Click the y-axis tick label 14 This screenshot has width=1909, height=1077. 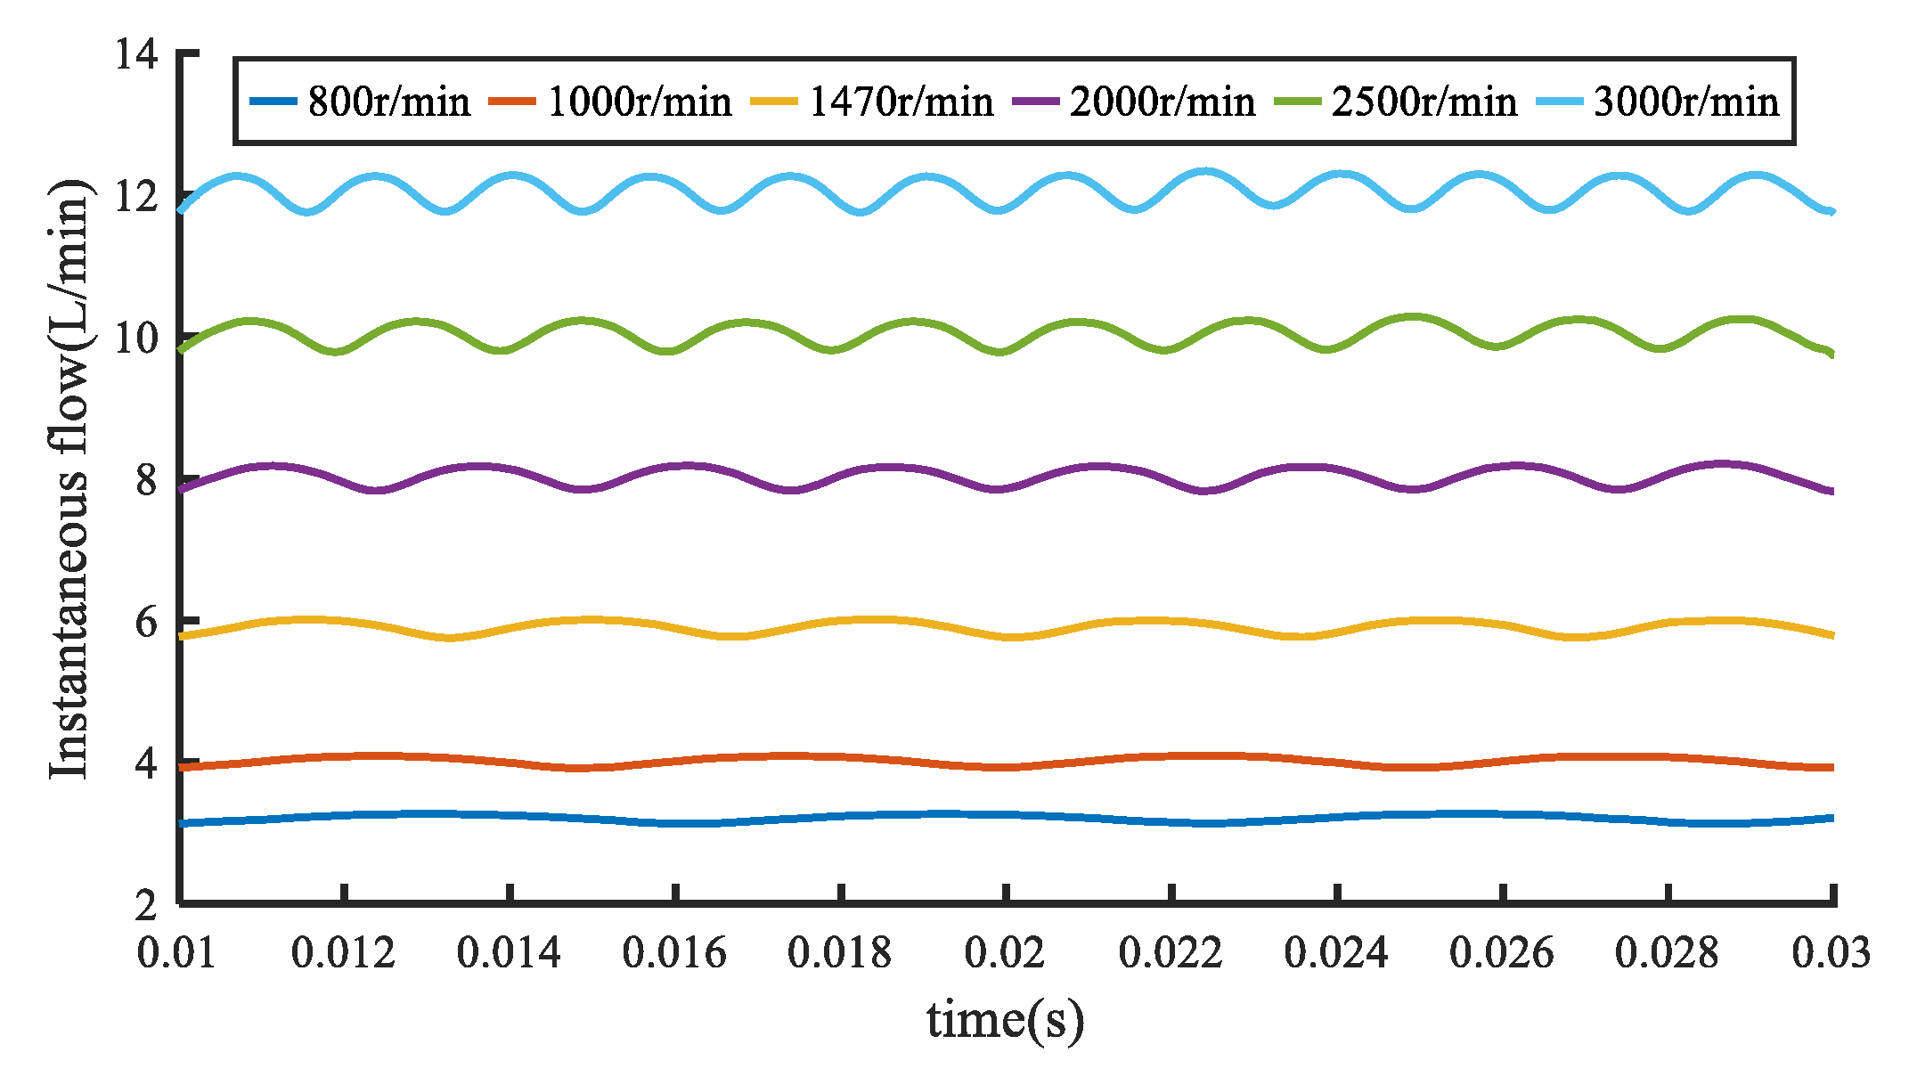[x=136, y=54]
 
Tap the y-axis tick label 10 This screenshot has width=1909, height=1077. [x=136, y=339]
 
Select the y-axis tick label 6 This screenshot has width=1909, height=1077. [x=146, y=622]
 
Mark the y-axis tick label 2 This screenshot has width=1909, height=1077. [x=146, y=906]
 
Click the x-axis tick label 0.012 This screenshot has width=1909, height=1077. [x=343, y=954]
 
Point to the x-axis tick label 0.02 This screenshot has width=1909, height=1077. [x=1005, y=954]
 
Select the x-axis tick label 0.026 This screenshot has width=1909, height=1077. [x=1501, y=954]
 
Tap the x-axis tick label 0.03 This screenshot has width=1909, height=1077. [x=1831, y=954]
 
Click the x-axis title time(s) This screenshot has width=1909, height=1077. [x=1005, y=1020]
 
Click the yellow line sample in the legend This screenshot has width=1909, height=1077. [x=773, y=102]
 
